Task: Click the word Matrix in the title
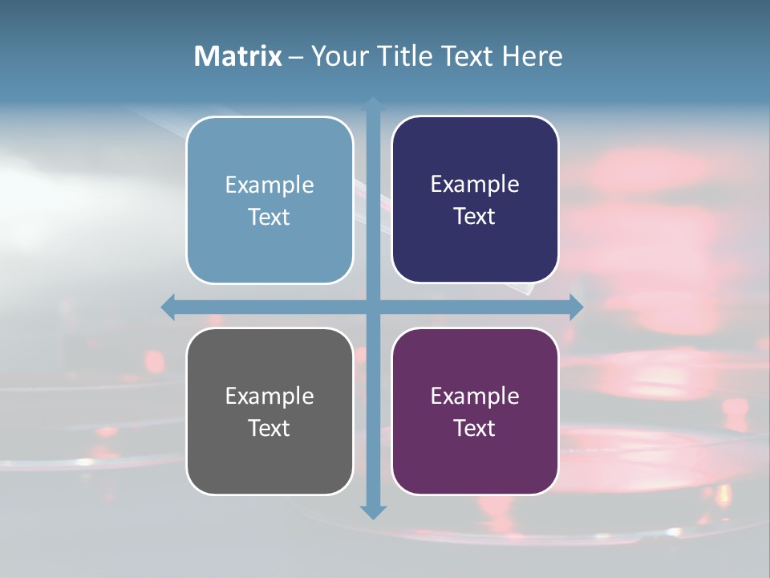(x=238, y=56)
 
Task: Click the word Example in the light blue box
(x=269, y=185)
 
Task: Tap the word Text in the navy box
(x=475, y=217)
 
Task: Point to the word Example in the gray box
(x=269, y=397)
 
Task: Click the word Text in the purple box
(x=475, y=428)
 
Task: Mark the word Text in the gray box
(x=269, y=428)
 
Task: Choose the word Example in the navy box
(x=475, y=185)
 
